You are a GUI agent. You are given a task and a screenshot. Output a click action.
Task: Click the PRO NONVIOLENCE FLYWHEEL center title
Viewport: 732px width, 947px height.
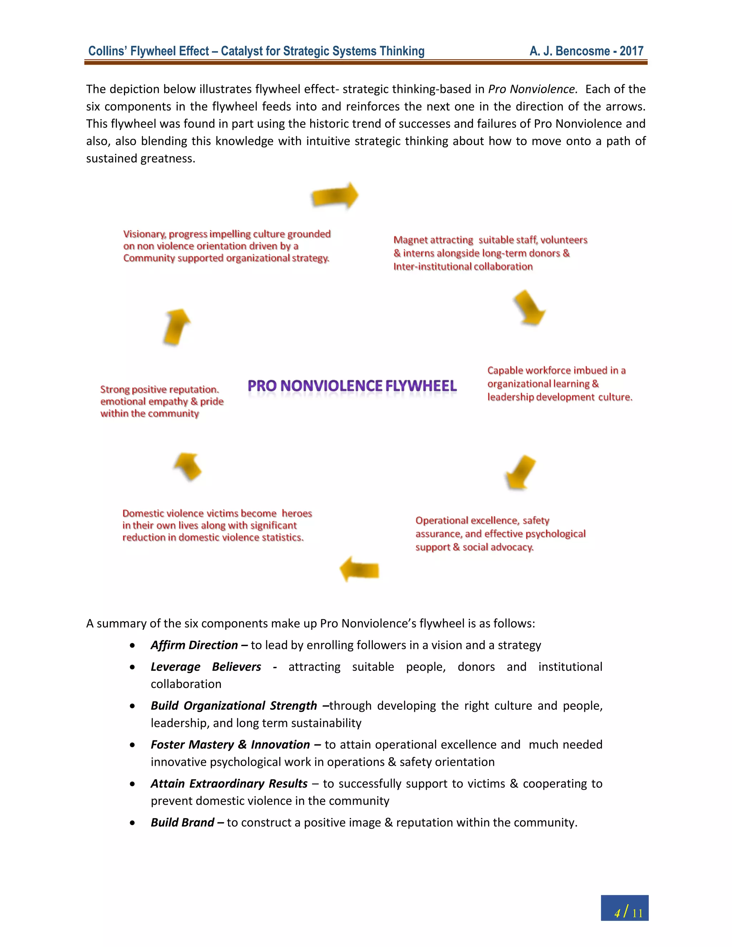(352, 386)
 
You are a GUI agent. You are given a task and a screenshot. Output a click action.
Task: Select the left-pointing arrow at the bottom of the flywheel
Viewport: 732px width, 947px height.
(359, 569)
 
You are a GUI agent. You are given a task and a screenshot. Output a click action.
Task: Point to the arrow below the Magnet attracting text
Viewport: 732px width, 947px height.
(529, 307)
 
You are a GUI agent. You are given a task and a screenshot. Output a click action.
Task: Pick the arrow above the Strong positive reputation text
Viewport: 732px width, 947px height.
(177, 327)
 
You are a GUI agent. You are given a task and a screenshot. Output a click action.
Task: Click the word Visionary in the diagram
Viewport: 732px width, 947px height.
(144, 234)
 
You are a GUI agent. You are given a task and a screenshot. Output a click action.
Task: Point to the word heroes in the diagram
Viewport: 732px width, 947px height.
(297, 514)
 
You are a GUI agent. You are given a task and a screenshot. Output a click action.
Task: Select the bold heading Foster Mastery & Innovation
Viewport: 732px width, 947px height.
(230, 744)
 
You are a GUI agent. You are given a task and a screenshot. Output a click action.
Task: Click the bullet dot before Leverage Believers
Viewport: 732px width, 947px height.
(132, 667)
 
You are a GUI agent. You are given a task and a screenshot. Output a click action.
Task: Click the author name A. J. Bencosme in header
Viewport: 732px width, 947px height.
(569, 51)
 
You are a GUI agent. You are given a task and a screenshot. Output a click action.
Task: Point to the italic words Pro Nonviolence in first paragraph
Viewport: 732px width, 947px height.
(533, 89)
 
